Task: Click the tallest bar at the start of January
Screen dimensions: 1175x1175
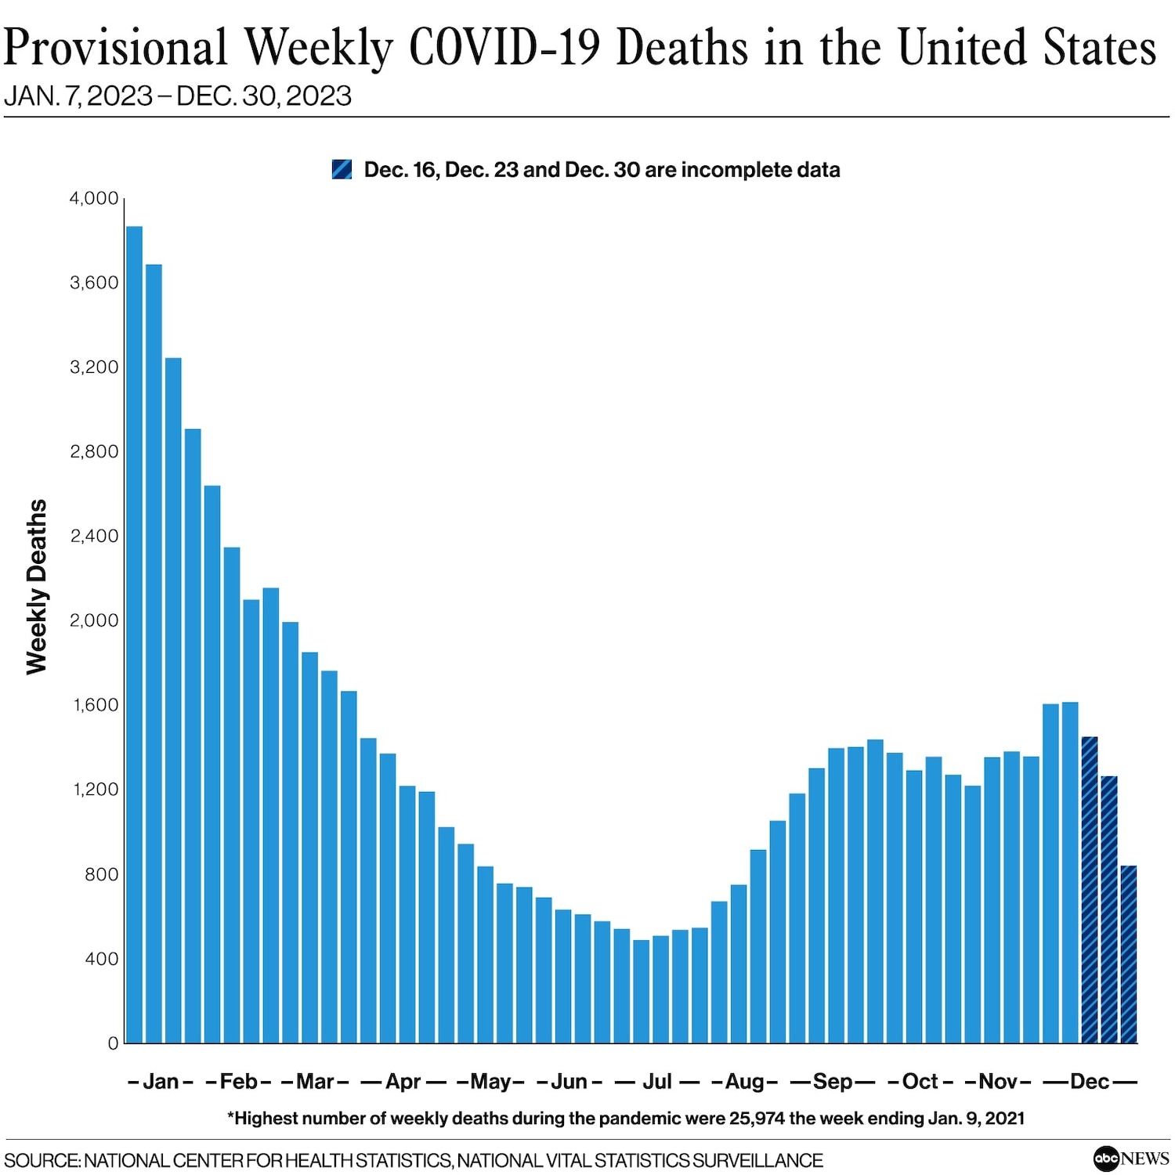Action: coord(134,634)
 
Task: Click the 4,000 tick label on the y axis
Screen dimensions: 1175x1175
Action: coord(94,198)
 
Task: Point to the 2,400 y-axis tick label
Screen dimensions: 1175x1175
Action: coord(94,536)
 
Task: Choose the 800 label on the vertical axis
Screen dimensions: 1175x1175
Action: coord(101,874)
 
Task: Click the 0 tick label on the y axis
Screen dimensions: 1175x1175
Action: coord(113,1043)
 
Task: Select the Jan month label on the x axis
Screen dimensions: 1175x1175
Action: coord(161,1082)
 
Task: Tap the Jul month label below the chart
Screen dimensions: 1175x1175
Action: coord(657,1082)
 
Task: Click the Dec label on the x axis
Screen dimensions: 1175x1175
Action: coord(1090,1082)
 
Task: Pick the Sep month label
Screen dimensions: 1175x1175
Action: coord(832,1082)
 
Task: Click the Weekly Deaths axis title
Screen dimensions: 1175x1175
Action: coord(37,587)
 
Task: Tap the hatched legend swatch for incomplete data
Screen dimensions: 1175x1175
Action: coord(342,169)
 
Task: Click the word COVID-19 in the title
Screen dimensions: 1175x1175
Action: coord(505,48)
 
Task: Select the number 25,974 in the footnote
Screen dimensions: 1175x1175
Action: coord(757,1119)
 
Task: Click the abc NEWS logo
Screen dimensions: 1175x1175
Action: coord(1131,1158)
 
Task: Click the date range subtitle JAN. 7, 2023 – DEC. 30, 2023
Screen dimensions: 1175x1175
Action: coord(178,96)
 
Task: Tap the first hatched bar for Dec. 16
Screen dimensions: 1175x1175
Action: coord(1089,890)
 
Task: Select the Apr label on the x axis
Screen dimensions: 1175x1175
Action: coord(403,1082)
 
